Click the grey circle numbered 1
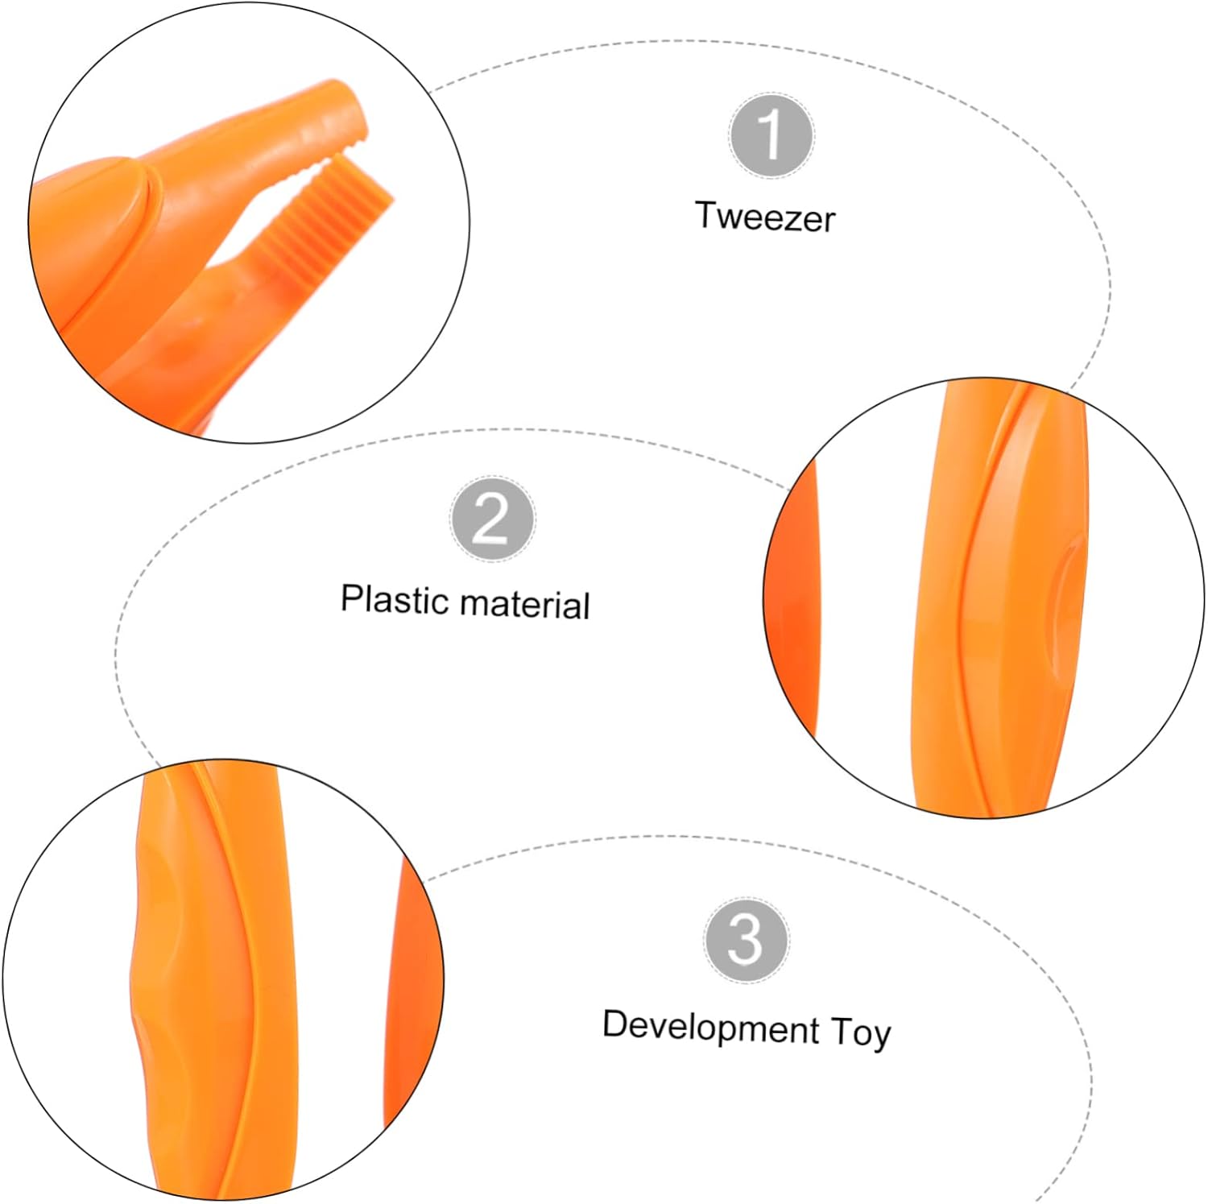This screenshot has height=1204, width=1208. click(771, 135)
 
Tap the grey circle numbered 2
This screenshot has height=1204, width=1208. click(491, 519)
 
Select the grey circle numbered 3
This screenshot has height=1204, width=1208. click(746, 939)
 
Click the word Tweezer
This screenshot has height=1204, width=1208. click(765, 217)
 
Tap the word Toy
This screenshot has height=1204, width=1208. click(860, 1033)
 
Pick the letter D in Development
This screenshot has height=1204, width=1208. click(614, 1024)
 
